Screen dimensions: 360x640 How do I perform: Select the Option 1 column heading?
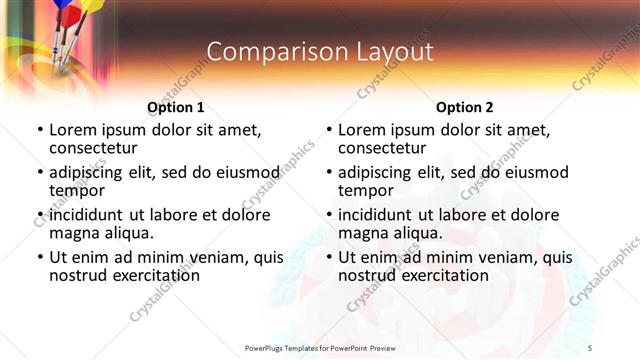(175, 107)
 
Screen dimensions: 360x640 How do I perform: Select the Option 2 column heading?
(465, 107)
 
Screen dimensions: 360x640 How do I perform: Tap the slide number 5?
(619, 347)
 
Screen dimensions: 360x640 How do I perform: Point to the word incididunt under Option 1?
(88, 215)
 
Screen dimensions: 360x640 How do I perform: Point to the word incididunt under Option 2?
(378, 215)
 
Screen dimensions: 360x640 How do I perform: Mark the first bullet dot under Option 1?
(39, 130)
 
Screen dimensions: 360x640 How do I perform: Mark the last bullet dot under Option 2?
(329, 258)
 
